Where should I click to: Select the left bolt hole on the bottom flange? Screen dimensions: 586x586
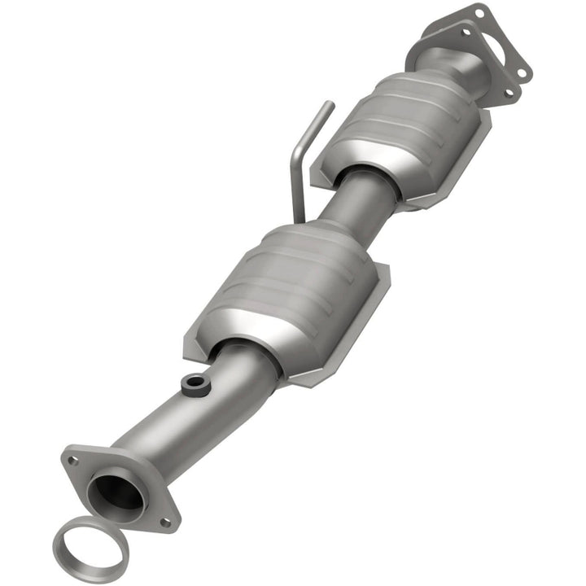point(73,461)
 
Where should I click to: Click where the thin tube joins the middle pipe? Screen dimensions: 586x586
point(301,218)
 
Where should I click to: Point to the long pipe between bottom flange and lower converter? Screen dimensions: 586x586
point(195,415)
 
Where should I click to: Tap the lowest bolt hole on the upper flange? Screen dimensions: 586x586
point(510,93)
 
